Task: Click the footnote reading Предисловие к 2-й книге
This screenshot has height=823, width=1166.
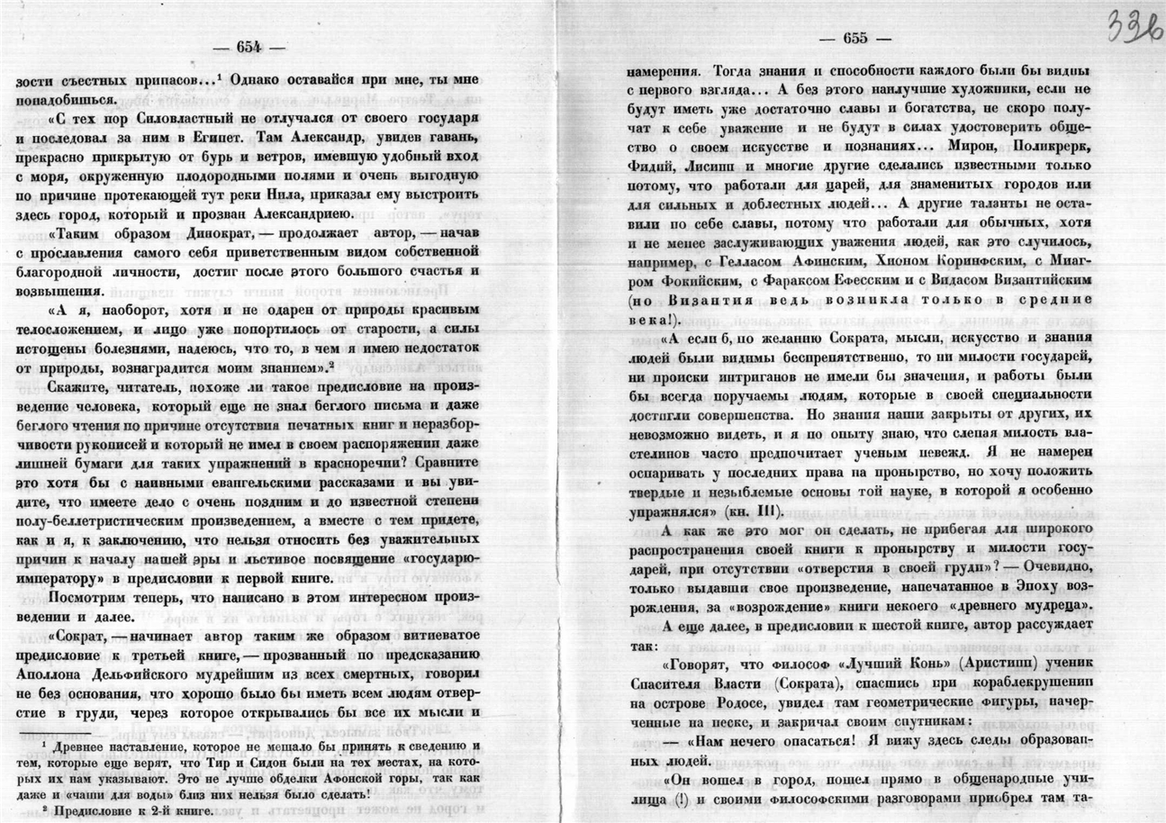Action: point(126,810)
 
